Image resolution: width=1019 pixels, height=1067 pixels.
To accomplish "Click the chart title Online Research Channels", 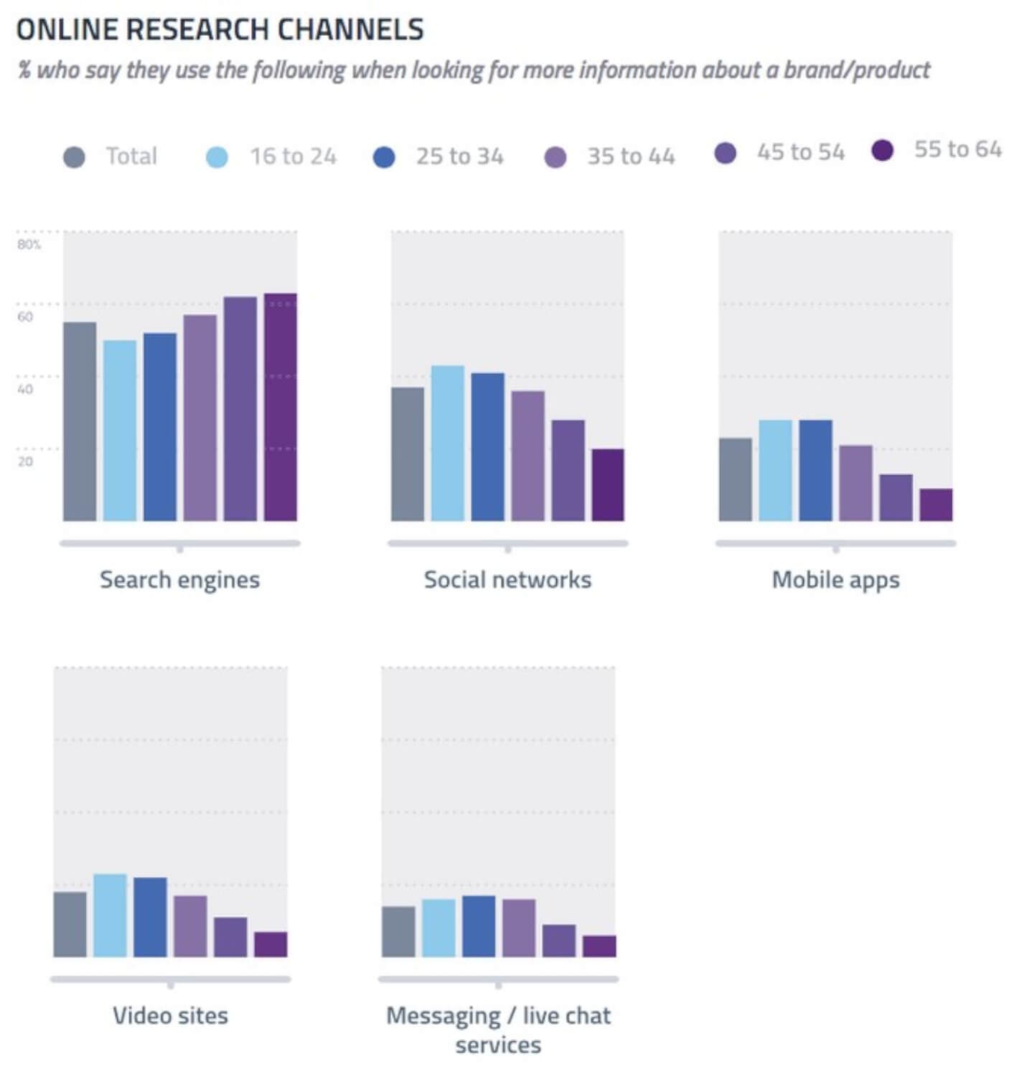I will [220, 29].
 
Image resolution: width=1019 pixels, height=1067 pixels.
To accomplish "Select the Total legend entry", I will [111, 156].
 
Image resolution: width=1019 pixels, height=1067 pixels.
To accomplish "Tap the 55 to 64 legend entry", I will [936, 149].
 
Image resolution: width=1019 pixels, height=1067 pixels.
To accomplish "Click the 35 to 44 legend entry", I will [609, 156].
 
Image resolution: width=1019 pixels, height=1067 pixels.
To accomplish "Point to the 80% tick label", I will [29, 245].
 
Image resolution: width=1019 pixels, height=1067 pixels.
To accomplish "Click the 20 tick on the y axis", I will [26, 461].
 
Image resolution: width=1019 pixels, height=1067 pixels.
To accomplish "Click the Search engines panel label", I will [179, 580].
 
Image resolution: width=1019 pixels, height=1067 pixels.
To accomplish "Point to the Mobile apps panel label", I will [835, 580].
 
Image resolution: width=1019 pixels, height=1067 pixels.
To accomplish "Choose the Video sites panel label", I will [170, 1015].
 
